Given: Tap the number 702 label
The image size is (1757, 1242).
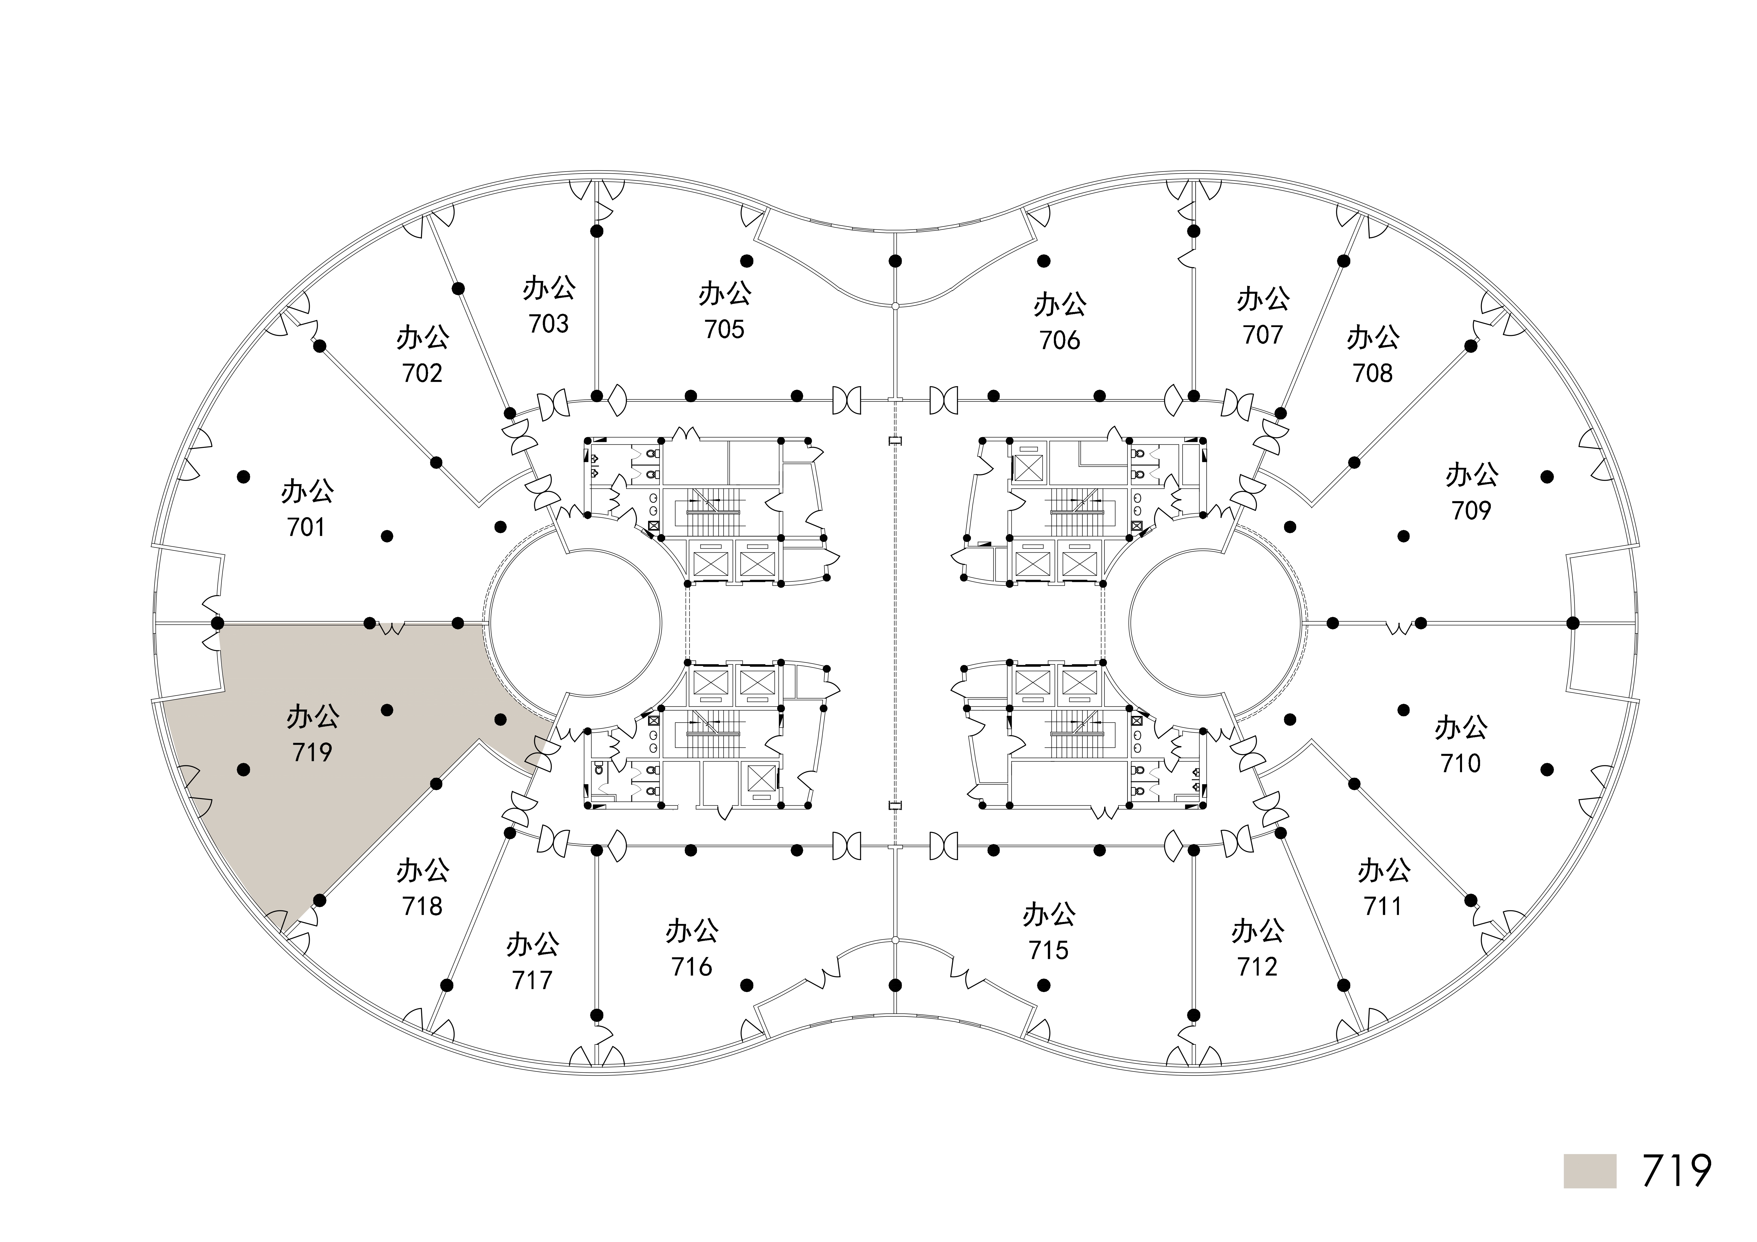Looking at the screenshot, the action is click(x=422, y=374).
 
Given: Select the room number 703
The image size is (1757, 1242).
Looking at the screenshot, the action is click(x=549, y=324).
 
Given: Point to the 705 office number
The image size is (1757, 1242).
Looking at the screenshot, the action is click(x=724, y=329).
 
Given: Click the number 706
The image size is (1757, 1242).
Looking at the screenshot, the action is click(x=1060, y=340).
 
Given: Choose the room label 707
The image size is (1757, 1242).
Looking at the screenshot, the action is click(x=1263, y=334).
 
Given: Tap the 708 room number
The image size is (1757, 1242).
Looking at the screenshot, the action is click(x=1373, y=374).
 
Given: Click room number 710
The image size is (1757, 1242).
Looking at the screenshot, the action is click(x=1461, y=763).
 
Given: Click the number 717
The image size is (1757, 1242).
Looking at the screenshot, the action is click(x=533, y=979).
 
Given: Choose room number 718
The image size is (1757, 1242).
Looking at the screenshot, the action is click(x=422, y=906).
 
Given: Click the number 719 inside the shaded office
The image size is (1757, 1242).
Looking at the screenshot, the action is click(x=312, y=752).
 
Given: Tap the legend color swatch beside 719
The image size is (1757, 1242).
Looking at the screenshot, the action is click(x=1590, y=1171).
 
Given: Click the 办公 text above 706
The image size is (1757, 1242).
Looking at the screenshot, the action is click(x=1060, y=305).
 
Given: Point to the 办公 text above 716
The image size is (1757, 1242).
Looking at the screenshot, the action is click(x=692, y=931).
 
